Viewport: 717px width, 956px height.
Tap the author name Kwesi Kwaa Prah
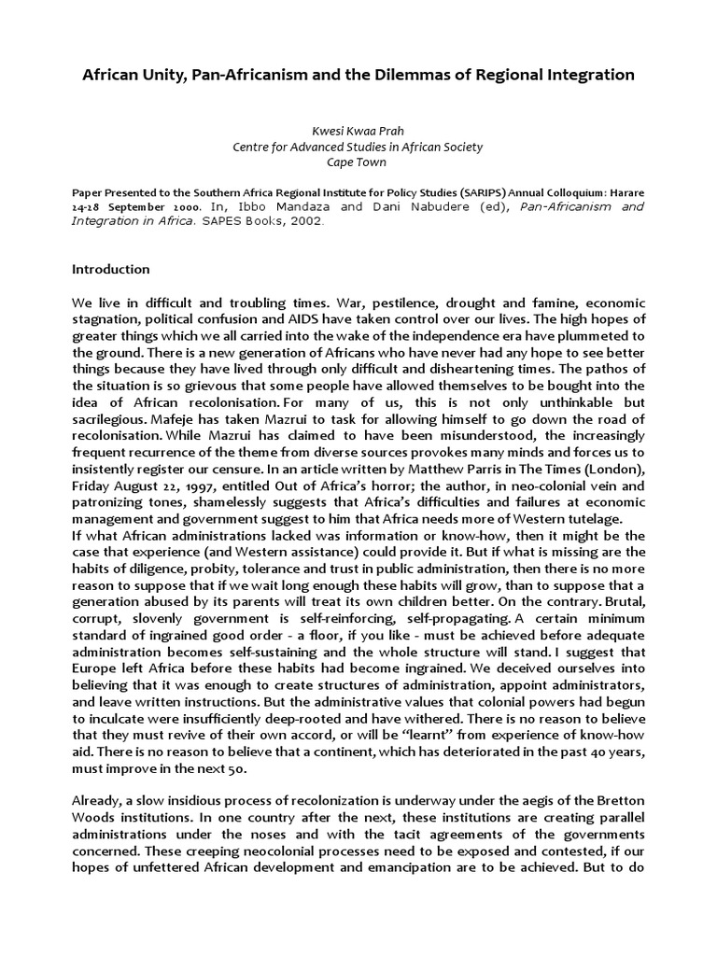click(358, 131)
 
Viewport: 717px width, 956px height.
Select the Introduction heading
click(111, 269)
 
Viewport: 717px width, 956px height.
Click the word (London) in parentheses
click(614, 469)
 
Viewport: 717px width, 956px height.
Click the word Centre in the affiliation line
click(253, 146)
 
